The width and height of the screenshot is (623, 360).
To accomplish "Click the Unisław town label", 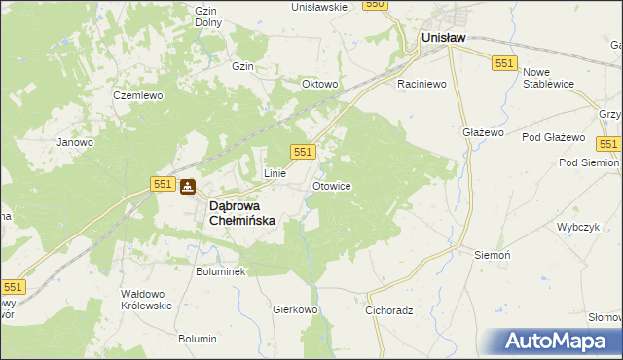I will (x=442, y=38).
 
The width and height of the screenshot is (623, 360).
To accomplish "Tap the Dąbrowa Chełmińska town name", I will (x=242, y=213).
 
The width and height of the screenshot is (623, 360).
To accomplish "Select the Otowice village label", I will (x=331, y=185).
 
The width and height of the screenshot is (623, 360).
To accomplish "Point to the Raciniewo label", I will (x=421, y=85).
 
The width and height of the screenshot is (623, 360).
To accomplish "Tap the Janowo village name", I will (x=75, y=142).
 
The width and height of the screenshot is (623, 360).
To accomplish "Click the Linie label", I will (x=275, y=173).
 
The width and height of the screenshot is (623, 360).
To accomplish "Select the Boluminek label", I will (x=221, y=271).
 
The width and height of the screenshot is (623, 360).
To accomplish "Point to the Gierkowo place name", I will (x=296, y=309).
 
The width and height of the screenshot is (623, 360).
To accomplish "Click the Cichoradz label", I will (x=389, y=311).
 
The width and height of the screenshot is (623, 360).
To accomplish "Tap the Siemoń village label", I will (x=492, y=254).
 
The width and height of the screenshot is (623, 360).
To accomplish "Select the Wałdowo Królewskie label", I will (x=146, y=299).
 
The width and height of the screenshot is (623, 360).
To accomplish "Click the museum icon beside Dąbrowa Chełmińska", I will (x=188, y=186).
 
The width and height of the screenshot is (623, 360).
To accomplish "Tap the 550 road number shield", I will (x=376, y=5).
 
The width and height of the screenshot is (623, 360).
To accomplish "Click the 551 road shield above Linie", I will (x=303, y=151).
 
